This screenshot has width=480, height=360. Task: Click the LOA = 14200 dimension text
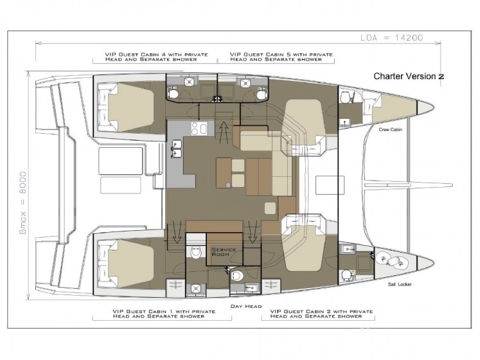click(391, 38)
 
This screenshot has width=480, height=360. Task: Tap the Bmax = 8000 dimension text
click(23, 203)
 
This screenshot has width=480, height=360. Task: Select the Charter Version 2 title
click(409, 76)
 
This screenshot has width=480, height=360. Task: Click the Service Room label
click(224, 252)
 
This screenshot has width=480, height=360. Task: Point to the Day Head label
click(246, 306)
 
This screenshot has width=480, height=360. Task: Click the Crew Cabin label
click(390, 130)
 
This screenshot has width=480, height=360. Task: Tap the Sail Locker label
click(400, 284)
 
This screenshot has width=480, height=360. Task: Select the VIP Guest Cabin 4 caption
click(156, 57)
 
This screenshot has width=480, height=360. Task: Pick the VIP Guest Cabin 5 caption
click(281, 57)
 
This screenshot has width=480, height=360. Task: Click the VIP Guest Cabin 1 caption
click(164, 314)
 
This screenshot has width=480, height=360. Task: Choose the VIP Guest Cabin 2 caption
click(321, 314)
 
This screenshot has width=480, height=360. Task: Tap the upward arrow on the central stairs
click(224, 132)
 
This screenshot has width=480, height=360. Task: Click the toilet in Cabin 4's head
click(173, 92)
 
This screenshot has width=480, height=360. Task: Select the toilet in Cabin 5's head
click(262, 93)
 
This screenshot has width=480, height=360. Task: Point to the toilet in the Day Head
click(237, 276)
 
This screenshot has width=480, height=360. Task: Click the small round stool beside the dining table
click(228, 184)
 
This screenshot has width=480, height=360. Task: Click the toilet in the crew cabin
click(346, 97)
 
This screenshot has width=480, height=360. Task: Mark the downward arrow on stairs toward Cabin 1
click(176, 231)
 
